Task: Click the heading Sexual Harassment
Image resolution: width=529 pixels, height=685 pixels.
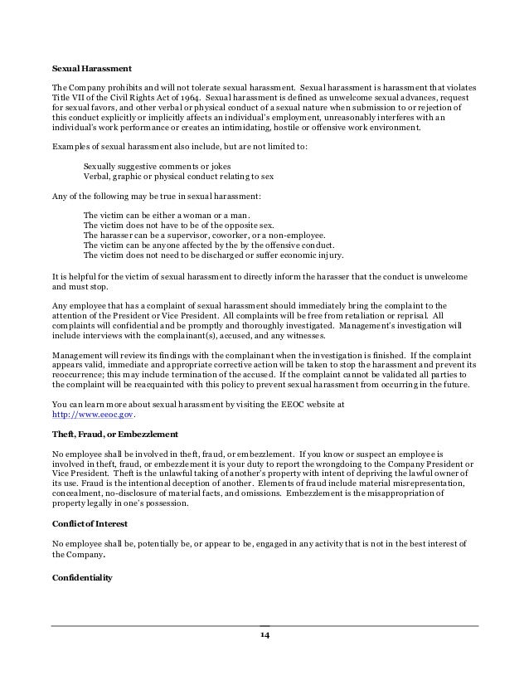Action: point(91,69)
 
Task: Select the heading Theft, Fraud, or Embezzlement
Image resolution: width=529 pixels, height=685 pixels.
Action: point(115,435)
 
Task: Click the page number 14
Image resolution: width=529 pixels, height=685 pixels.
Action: point(264,635)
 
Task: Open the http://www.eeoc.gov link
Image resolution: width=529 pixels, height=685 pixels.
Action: point(91,415)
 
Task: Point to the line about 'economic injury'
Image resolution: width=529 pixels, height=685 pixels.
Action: point(213,256)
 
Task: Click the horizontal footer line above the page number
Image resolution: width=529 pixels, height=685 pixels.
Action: point(264,625)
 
